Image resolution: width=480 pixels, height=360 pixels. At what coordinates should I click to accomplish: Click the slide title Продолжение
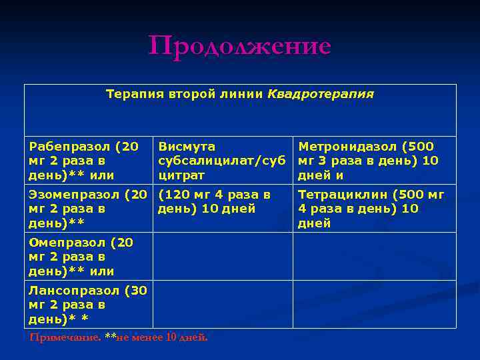pyautogui.click(x=240, y=47)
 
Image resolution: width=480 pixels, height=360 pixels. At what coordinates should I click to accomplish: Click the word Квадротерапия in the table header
pyautogui.click(x=321, y=94)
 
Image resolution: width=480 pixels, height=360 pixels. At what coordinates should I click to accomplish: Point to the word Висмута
pyautogui.click(x=187, y=146)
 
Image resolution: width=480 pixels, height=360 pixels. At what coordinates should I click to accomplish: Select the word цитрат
pyautogui.click(x=181, y=175)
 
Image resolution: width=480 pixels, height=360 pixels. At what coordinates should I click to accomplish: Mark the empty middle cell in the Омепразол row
pyautogui.click(x=223, y=256)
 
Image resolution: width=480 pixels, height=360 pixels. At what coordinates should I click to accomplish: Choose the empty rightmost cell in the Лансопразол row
pyautogui.click(x=375, y=304)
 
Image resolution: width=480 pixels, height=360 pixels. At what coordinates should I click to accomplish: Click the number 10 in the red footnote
pyautogui.click(x=170, y=337)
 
